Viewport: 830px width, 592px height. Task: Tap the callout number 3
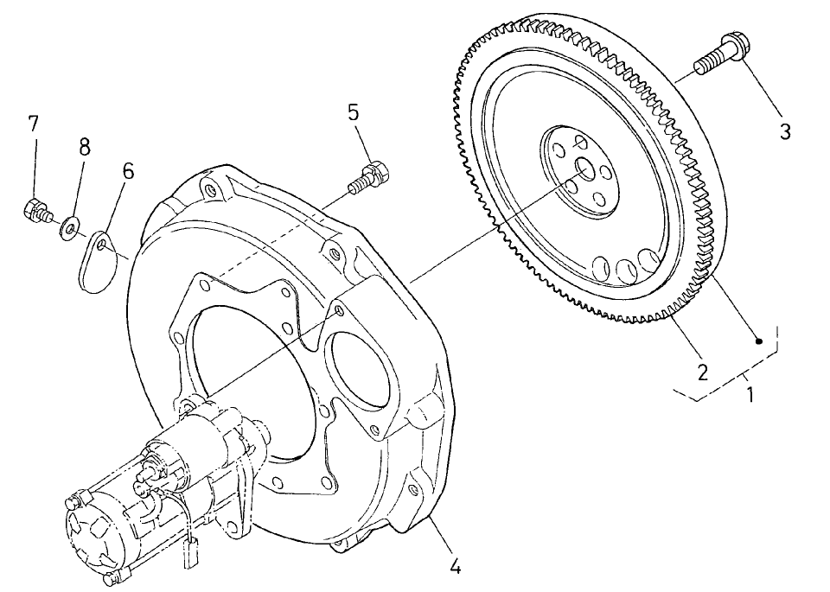click(x=785, y=131)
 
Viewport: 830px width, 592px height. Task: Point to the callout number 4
click(x=456, y=567)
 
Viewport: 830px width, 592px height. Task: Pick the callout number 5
click(x=355, y=113)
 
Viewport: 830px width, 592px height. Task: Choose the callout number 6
click(x=128, y=171)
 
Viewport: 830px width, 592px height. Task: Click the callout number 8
click(x=85, y=147)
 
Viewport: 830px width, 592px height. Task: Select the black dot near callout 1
click(x=758, y=341)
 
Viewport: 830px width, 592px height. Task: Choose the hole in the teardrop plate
click(x=102, y=245)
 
